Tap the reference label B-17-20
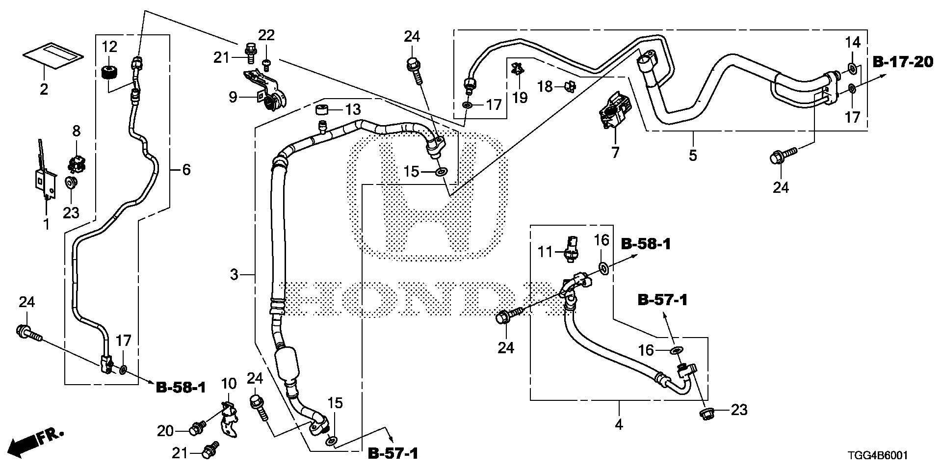click(x=902, y=62)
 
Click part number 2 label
click(x=44, y=90)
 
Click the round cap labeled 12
click(x=109, y=72)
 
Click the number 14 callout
click(x=853, y=43)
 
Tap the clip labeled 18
click(x=569, y=87)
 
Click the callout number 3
click(x=234, y=275)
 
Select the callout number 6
click(x=186, y=170)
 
